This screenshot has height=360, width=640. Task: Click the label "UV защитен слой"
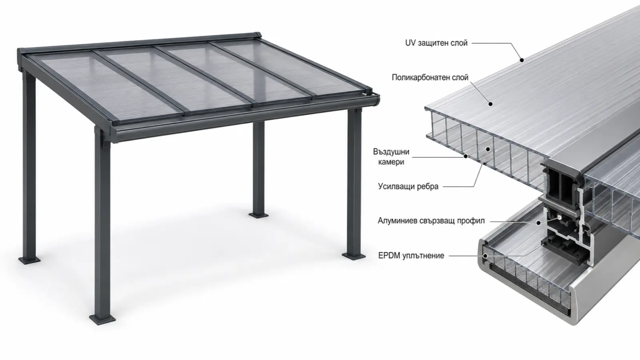(436, 43)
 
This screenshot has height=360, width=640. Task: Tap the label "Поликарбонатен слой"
(430, 78)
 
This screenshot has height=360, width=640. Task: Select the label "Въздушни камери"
(391, 156)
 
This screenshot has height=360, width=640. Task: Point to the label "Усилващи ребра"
(408, 186)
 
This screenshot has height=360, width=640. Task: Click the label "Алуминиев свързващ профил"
(431, 221)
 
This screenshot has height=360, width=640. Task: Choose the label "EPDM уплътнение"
(411, 256)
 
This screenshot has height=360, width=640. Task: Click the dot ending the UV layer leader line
(522, 60)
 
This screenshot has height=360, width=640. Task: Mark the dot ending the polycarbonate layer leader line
(490, 104)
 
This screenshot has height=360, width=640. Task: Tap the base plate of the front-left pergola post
(102, 319)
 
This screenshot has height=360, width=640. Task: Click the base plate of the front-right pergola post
(354, 256)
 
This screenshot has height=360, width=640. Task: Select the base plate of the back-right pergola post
(258, 215)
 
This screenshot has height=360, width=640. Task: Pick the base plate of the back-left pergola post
(30, 260)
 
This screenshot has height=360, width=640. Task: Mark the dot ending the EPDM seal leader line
(485, 256)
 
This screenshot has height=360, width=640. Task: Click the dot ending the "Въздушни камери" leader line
(466, 156)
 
